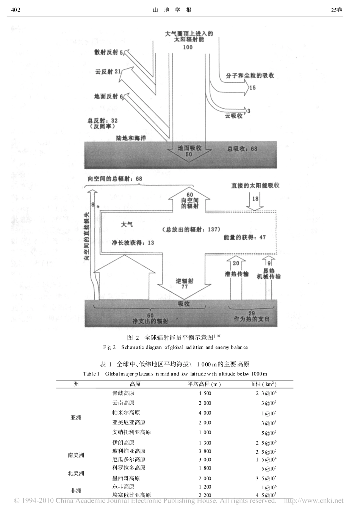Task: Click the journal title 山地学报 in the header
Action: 172,10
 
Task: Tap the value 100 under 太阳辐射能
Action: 187,47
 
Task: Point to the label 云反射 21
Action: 108,71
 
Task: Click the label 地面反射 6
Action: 108,96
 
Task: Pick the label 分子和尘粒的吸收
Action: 250,75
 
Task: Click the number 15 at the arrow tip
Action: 252,88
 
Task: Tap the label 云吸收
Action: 234,116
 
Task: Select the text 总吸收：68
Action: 242,148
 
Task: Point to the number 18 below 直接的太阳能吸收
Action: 255,199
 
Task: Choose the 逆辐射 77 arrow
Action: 185,284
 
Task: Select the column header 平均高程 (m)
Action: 204,384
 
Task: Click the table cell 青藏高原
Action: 124,393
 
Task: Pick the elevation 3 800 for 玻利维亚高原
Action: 204,451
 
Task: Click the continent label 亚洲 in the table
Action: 76,418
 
